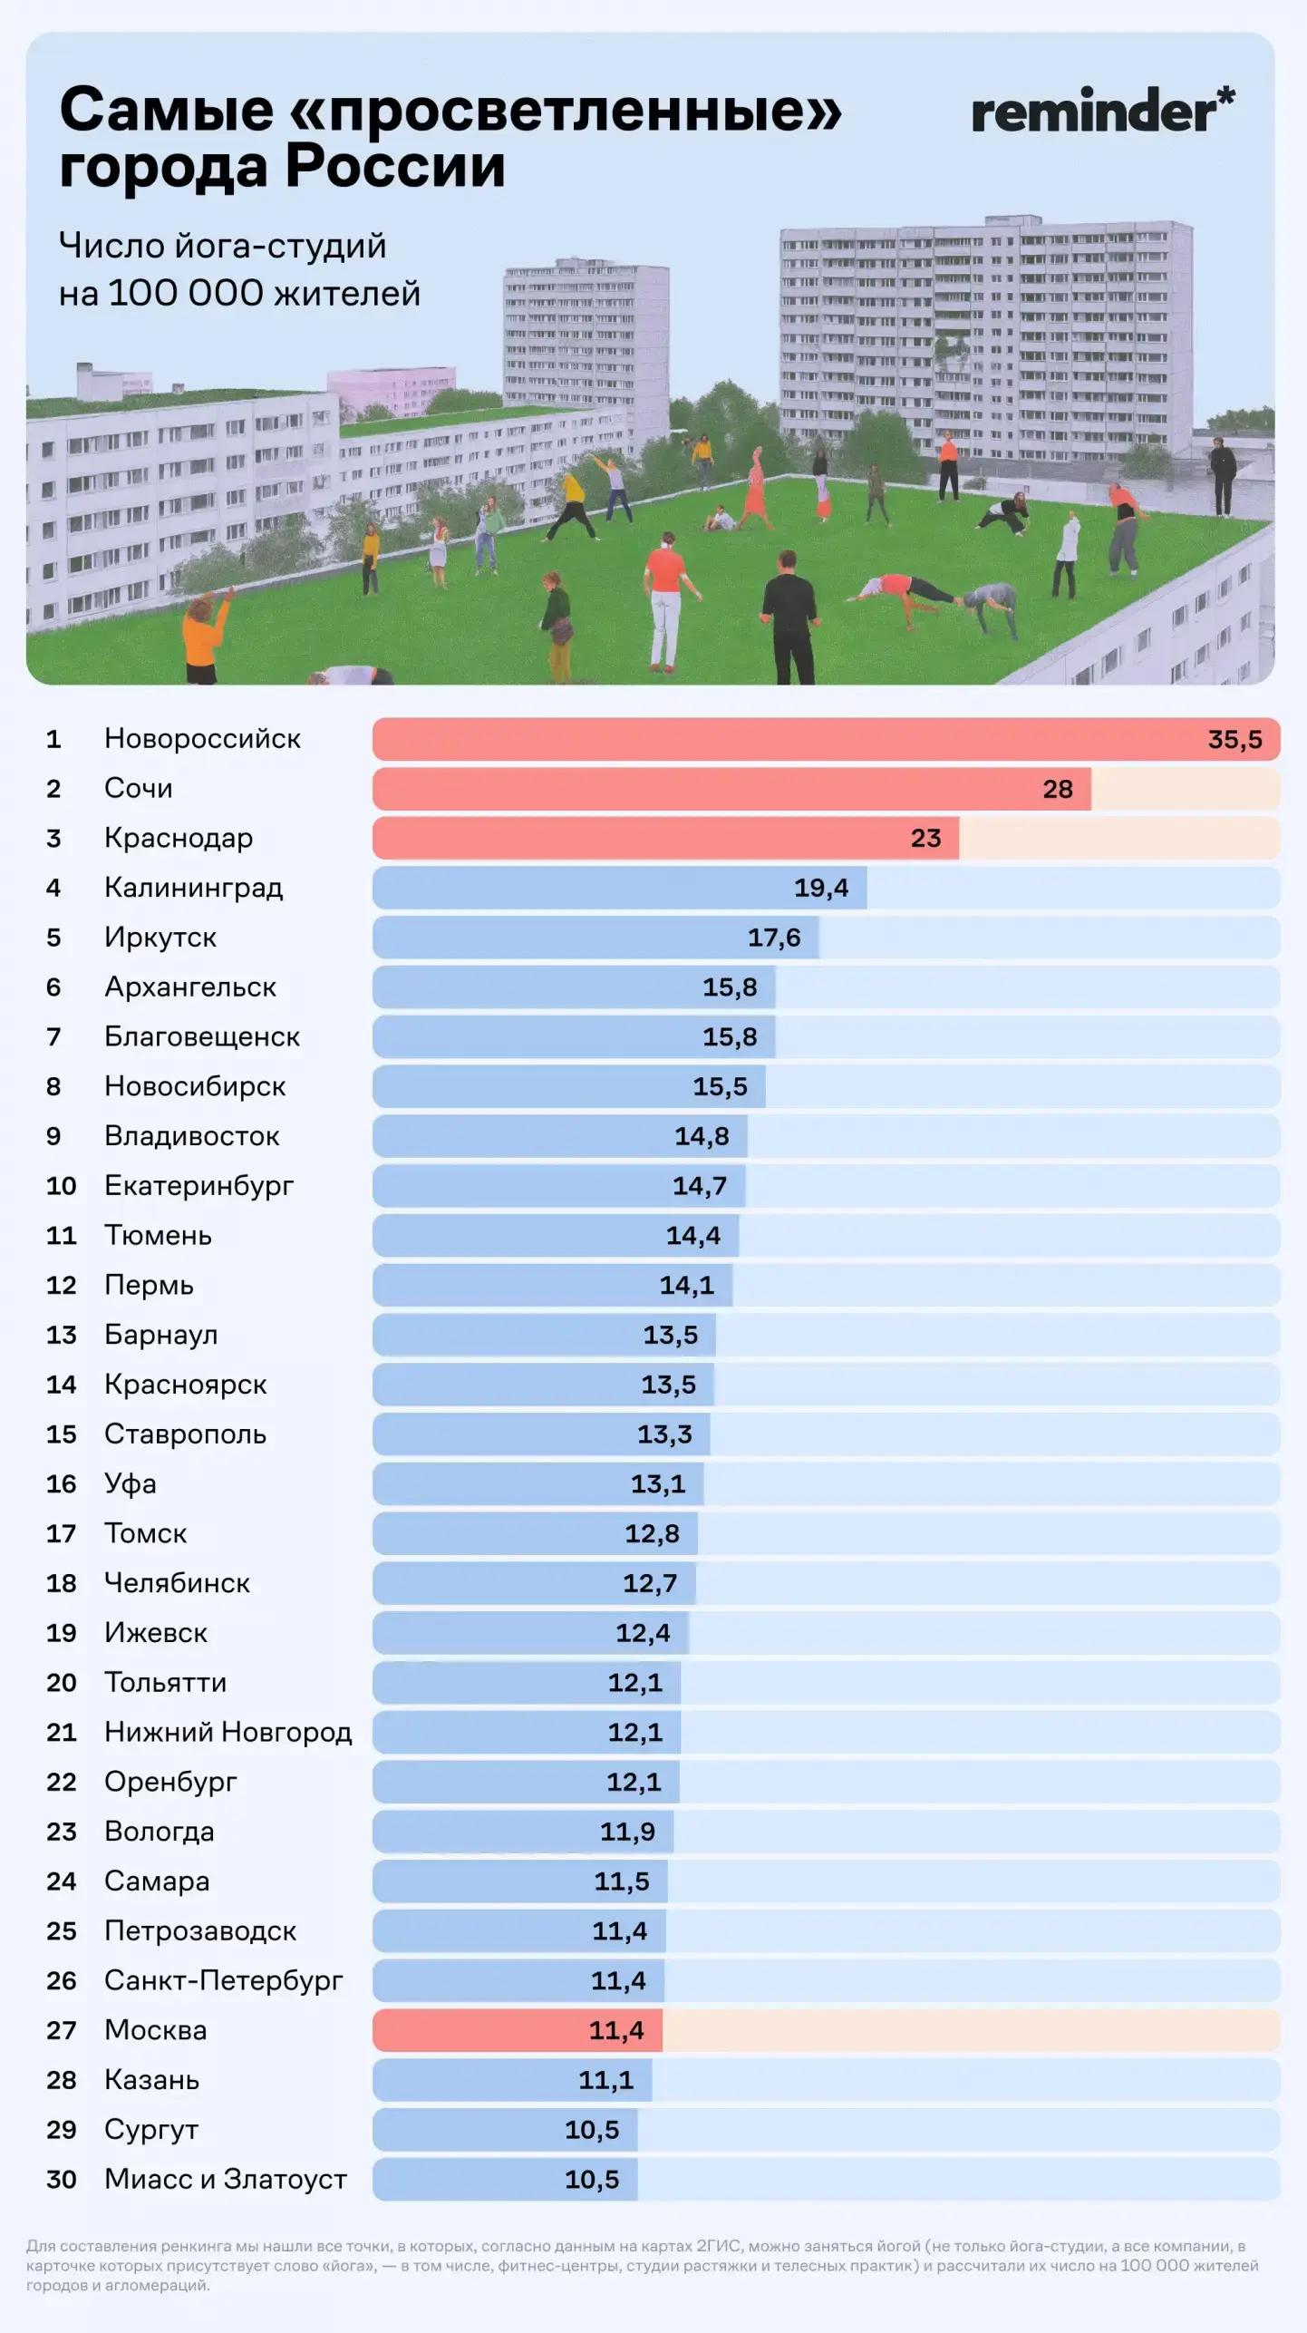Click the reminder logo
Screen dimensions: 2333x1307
coord(1102,112)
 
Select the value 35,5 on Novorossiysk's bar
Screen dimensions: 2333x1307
coord(1234,740)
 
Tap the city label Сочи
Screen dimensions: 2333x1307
coord(138,788)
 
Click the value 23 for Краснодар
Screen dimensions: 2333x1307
coord(925,838)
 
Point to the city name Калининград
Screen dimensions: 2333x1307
coord(193,888)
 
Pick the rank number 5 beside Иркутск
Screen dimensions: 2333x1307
coord(53,938)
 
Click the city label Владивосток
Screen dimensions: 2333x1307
coord(191,1136)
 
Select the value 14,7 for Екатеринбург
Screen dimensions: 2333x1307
coord(699,1186)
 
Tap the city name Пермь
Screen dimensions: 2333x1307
coord(149,1285)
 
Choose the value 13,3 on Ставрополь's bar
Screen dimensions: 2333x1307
coord(664,1434)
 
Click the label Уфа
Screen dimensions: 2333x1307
coord(130,1483)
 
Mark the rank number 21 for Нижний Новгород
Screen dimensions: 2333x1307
coord(61,1732)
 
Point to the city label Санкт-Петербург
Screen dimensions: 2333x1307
coord(223,1980)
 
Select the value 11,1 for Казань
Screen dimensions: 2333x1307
coord(605,2080)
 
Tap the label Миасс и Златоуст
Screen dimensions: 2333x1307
coord(225,2179)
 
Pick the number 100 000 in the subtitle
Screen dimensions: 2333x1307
coord(185,294)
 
